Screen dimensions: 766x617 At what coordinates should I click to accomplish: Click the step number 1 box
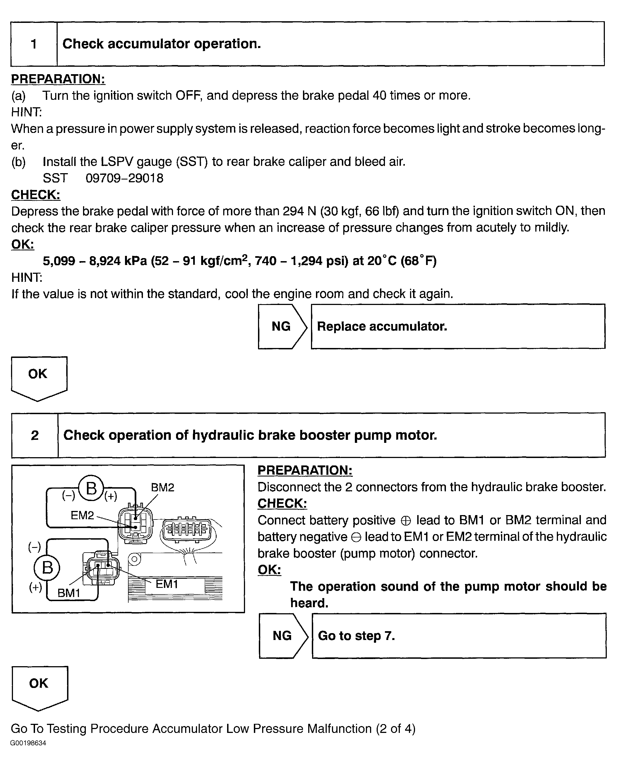34,44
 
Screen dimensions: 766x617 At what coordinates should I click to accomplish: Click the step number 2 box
34,435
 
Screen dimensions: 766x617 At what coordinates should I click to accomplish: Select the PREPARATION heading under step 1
58,79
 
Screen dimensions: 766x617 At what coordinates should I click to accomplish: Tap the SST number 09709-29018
124,178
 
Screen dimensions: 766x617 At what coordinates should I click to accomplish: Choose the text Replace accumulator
382,326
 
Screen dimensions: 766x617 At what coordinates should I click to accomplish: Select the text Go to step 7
356,636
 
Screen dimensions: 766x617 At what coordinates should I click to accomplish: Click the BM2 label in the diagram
163,488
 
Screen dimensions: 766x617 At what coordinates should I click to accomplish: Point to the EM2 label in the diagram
82,515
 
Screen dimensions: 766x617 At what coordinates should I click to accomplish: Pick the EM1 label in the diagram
167,584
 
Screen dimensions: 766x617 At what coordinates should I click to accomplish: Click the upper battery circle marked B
91,488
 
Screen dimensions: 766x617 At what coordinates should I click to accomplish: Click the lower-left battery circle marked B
47,567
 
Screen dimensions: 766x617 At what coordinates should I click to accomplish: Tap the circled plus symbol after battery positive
405,521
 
